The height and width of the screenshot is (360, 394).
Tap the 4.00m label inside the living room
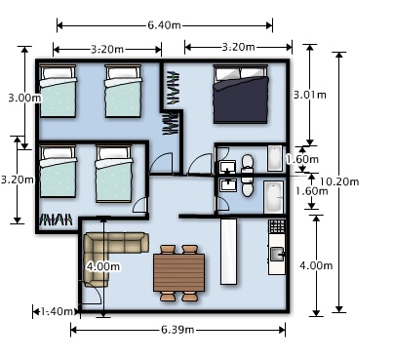tap(103, 265)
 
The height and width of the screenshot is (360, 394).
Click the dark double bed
tap(241, 95)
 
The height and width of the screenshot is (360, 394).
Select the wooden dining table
tap(178, 270)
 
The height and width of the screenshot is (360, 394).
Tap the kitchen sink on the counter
tap(276, 255)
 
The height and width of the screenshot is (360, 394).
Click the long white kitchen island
tap(229, 251)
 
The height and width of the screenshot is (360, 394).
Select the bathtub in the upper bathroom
tap(274, 158)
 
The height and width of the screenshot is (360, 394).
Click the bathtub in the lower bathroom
tap(273, 195)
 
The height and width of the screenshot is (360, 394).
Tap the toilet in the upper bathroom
tap(247, 160)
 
